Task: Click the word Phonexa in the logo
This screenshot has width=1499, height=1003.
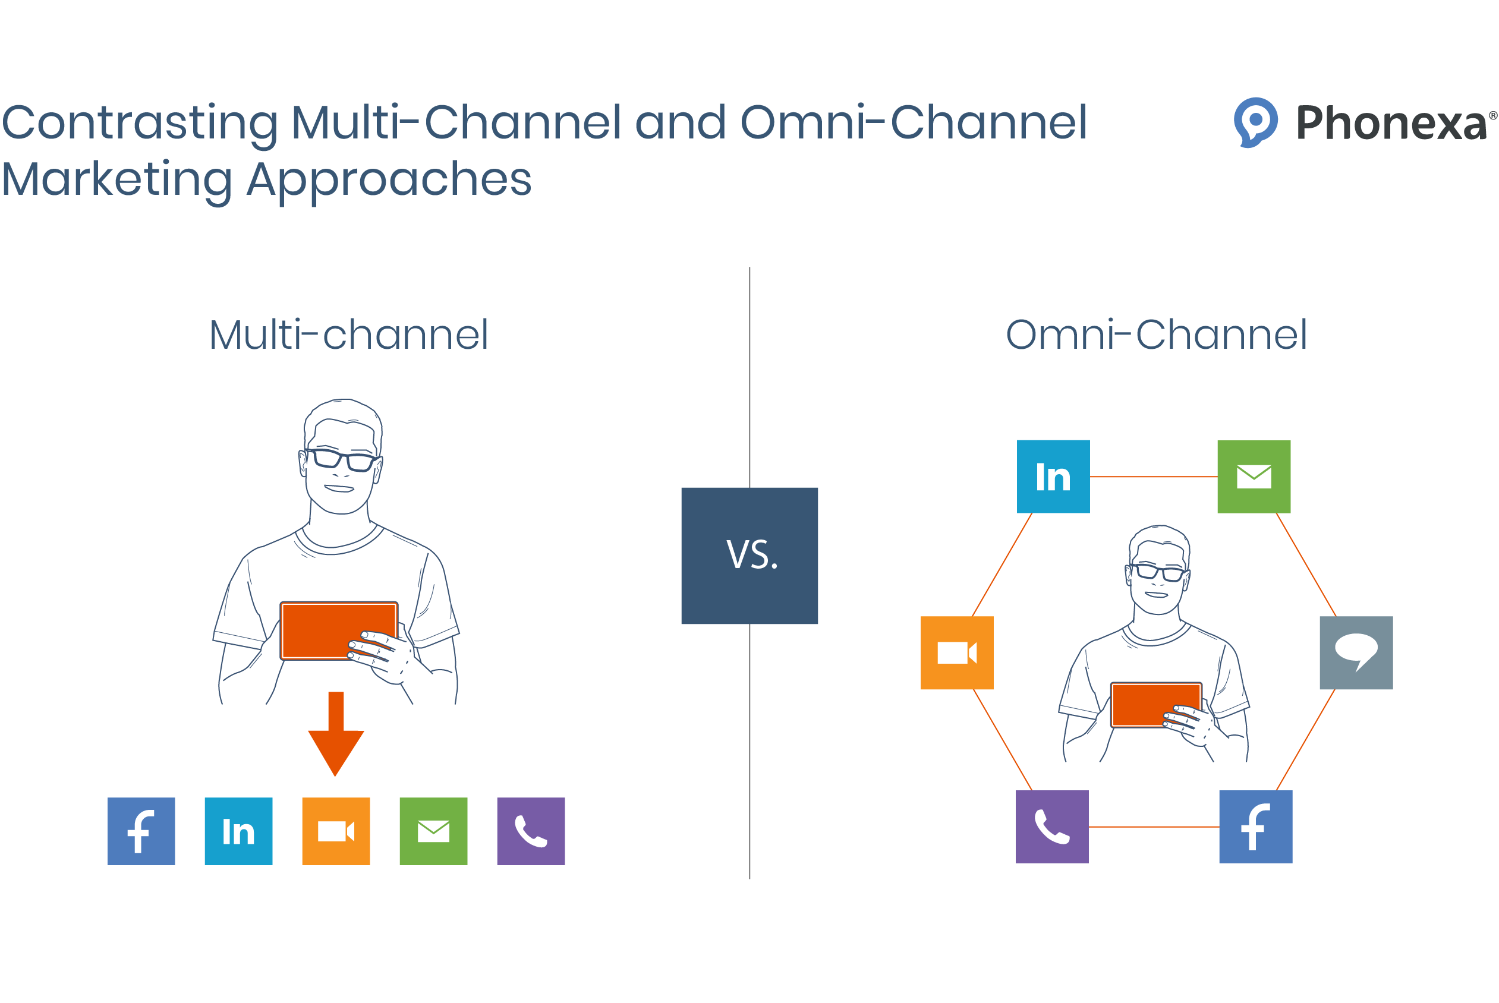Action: (1391, 123)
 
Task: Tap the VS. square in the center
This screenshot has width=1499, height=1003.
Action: (749, 555)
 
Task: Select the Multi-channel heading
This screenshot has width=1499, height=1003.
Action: (349, 335)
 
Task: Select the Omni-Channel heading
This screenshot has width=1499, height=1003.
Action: (1155, 335)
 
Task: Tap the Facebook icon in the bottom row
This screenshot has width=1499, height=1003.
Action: (141, 831)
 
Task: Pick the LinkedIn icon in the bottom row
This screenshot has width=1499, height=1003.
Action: (238, 831)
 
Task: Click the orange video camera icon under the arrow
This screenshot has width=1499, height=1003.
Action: (336, 831)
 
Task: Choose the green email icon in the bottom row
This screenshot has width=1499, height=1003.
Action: (433, 831)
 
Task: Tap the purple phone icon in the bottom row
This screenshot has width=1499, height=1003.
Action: (530, 831)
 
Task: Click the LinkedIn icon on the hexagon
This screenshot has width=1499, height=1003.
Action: (1053, 477)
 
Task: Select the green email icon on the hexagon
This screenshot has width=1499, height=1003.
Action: (1254, 477)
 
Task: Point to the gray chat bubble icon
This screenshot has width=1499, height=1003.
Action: (1356, 652)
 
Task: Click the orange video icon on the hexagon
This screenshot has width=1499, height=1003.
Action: (956, 652)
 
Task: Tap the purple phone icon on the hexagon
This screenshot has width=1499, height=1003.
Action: (1052, 827)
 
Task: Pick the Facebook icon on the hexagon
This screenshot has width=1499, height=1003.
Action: (1255, 827)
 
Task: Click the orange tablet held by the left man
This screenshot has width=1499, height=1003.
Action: (317, 630)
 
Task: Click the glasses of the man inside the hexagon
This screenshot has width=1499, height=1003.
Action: (1158, 571)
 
